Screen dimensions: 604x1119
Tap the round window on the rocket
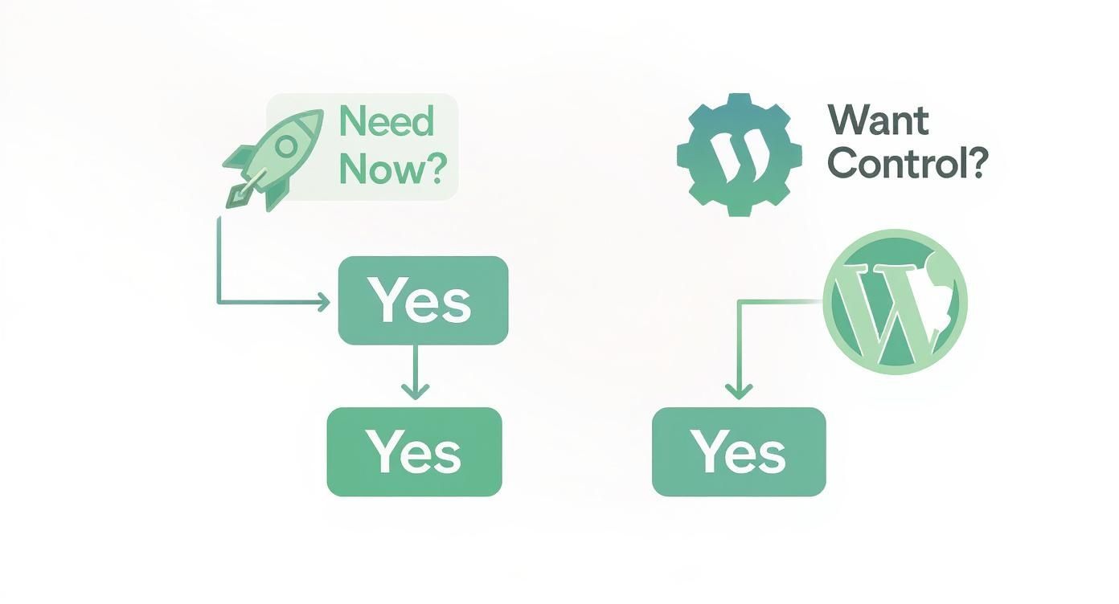[x=285, y=145]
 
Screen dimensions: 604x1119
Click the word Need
[x=387, y=122]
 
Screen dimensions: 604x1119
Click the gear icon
[x=739, y=154]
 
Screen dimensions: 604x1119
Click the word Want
[x=878, y=121]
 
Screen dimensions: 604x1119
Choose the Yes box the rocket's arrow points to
[x=423, y=300]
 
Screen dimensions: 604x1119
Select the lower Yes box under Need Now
[x=414, y=451]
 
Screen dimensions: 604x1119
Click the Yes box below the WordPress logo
[x=739, y=451]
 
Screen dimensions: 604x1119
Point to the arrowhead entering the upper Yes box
[x=323, y=303]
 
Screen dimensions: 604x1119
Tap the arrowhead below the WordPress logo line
[x=738, y=392]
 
